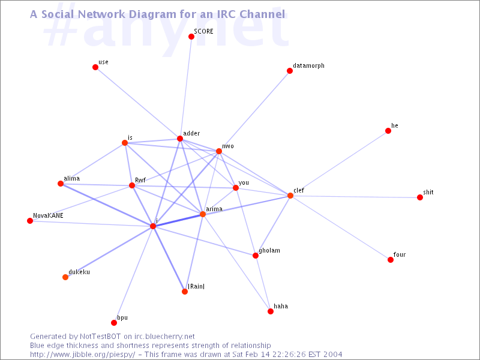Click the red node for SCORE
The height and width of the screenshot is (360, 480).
(x=191, y=37)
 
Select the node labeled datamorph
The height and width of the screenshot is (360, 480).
(x=290, y=71)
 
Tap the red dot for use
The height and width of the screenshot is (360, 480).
(x=95, y=67)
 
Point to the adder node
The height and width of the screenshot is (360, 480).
(x=180, y=139)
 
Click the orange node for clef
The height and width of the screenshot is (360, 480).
(x=290, y=196)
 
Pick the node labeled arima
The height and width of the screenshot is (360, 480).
(x=203, y=214)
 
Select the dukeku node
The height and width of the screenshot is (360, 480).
(x=65, y=277)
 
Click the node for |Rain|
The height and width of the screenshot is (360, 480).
(x=185, y=292)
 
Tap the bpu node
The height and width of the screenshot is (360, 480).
(x=114, y=323)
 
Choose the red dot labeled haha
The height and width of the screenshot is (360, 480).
(x=271, y=311)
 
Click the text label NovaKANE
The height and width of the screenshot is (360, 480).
(x=48, y=215)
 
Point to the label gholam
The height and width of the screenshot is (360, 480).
(x=269, y=251)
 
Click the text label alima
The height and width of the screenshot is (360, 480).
(x=71, y=178)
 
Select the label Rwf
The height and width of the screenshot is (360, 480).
(x=140, y=180)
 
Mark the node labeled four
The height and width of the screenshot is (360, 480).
(x=391, y=260)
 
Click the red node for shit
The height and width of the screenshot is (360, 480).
(x=420, y=197)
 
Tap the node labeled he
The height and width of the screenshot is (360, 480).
(x=388, y=131)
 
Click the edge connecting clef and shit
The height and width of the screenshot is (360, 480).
(x=355, y=196)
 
